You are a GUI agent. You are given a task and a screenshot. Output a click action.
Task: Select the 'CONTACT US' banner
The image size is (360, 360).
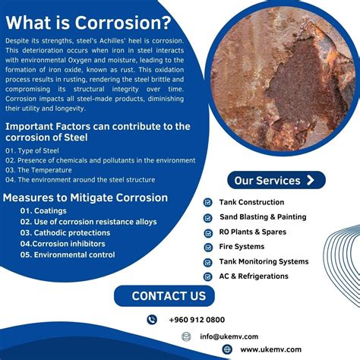[x=169, y=296]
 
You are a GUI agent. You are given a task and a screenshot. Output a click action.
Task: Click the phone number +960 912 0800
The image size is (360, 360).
[x=197, y=320]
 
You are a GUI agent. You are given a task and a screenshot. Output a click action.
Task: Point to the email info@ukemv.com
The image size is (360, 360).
[x=229, y=336]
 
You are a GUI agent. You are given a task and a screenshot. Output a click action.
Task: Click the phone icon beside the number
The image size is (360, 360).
[x=152, y=320]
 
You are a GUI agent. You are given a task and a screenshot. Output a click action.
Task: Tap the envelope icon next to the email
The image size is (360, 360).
[x=184, y=336]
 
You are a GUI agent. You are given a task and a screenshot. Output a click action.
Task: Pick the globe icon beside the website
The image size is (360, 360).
[x=226, y=349]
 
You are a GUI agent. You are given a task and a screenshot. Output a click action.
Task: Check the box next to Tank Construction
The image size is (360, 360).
[x=208, y=203]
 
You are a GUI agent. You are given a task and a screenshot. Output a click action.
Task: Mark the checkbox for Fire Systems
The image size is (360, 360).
[x=208, y=247]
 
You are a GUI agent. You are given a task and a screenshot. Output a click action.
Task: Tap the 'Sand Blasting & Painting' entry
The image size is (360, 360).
[x=263, y=217]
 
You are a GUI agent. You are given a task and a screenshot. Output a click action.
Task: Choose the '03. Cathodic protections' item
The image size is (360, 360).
[x=65, y=233]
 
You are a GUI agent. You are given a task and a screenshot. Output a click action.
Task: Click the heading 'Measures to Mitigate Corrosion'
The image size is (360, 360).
[x=85, y=197]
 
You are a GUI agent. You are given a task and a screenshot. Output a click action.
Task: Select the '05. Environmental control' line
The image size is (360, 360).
[x=68, y=255]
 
